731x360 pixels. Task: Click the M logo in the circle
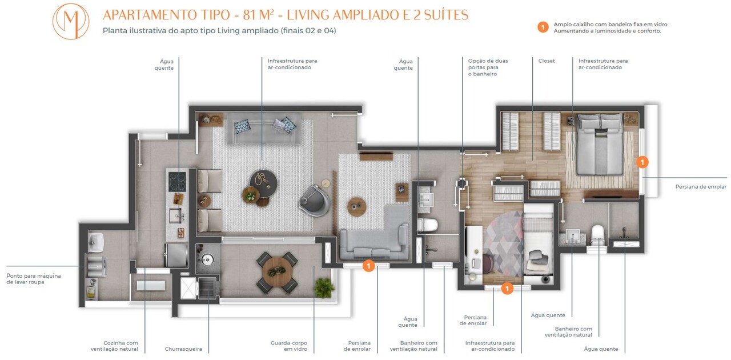[70, 21]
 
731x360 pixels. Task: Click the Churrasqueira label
[183, 349]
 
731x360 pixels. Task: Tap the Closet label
[547, 61]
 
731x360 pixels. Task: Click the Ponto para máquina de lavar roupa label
[34, 279]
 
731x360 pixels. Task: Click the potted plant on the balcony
[324, 287]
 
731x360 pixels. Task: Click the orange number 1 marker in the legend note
[543, 27]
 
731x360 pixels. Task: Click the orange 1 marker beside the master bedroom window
[642, 162]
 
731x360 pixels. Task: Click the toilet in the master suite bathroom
[598, 234]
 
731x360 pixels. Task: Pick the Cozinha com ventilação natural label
[114, 346]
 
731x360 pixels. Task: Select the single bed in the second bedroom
[538, 251]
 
